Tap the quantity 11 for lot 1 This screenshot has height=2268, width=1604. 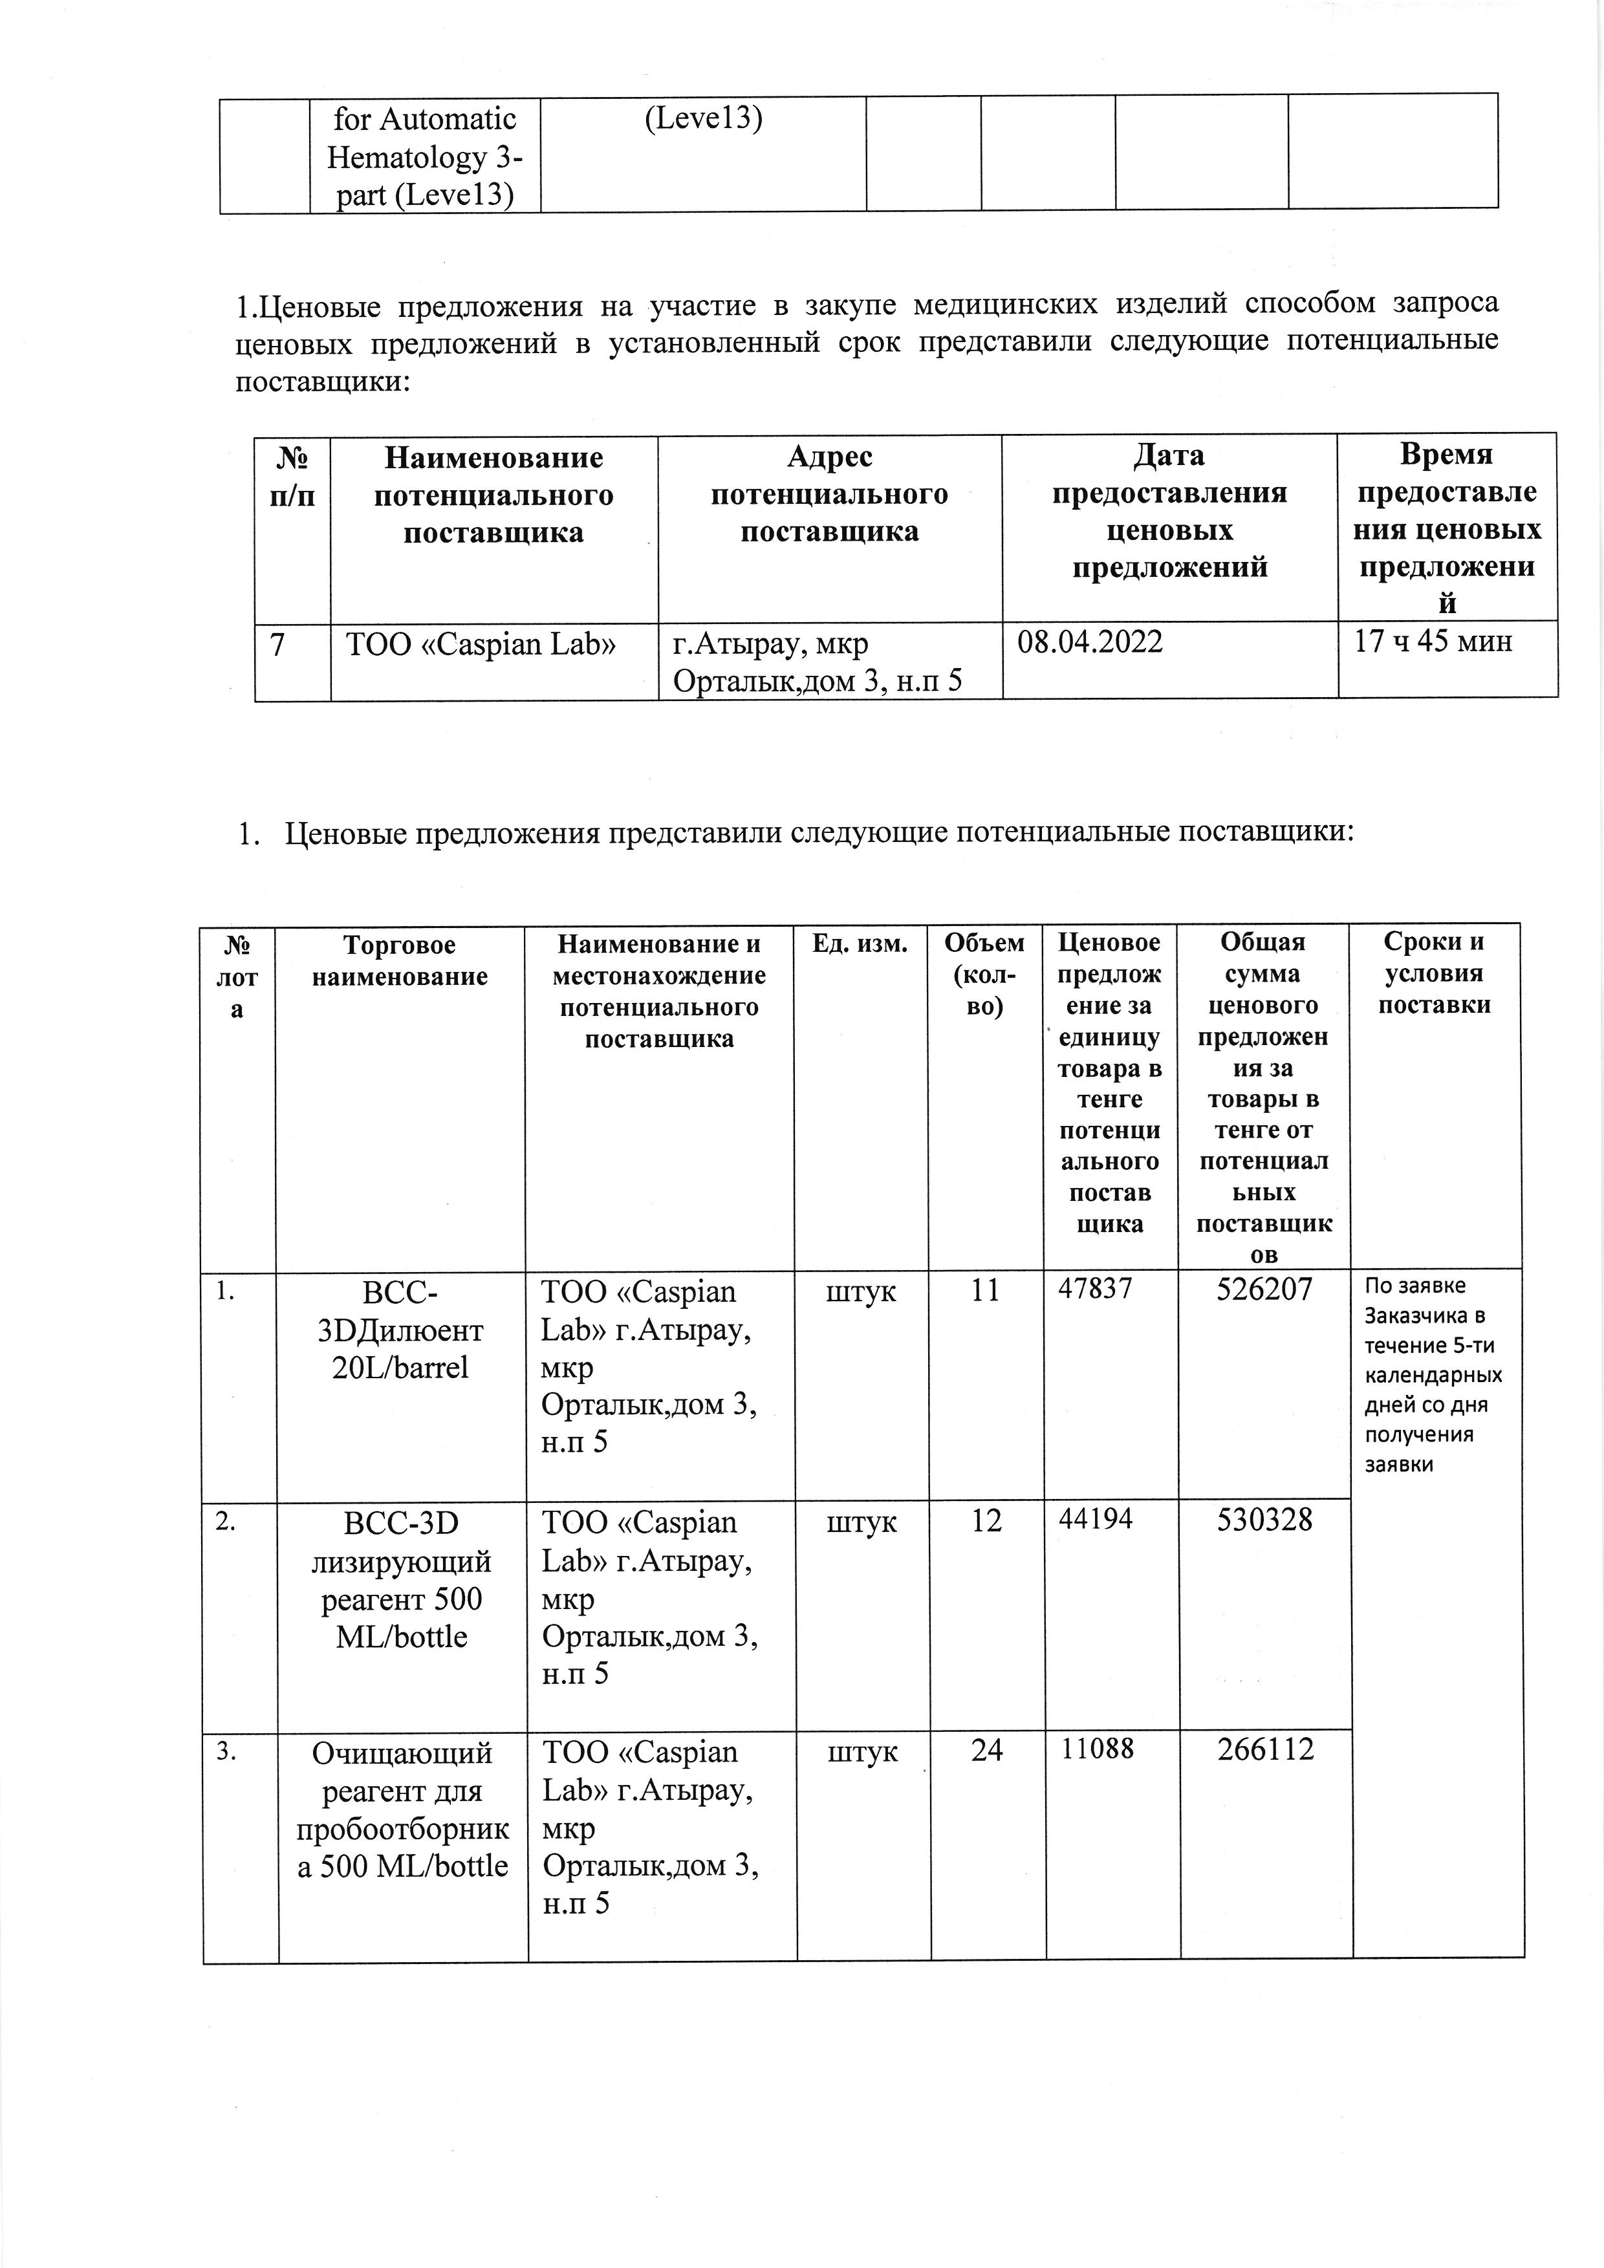(985, 1290)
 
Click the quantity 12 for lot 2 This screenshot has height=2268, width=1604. (986, 1520)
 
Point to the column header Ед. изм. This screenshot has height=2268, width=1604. (860, 944)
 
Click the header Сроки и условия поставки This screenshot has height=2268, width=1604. (1434, 973)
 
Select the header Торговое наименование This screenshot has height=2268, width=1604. (400, 961)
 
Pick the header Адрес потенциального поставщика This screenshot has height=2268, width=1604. (830, 494)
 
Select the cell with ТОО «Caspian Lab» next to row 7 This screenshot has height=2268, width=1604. (481, 645)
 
